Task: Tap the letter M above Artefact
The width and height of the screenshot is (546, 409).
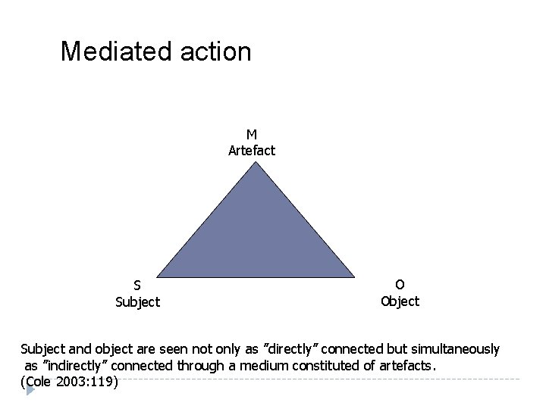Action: (251, 135)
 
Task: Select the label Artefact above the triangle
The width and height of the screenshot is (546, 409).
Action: (252, 150)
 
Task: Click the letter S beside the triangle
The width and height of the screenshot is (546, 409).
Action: (137, 286)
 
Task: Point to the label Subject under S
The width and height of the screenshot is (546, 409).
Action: (137, 301)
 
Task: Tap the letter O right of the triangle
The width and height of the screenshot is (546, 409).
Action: (400, 284)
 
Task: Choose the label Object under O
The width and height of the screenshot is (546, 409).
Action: (400, 301)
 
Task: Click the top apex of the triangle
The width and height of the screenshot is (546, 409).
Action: (256, 162)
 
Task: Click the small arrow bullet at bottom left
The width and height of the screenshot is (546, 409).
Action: (30, 392)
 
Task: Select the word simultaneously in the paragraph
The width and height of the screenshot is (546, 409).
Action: (454, 349)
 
